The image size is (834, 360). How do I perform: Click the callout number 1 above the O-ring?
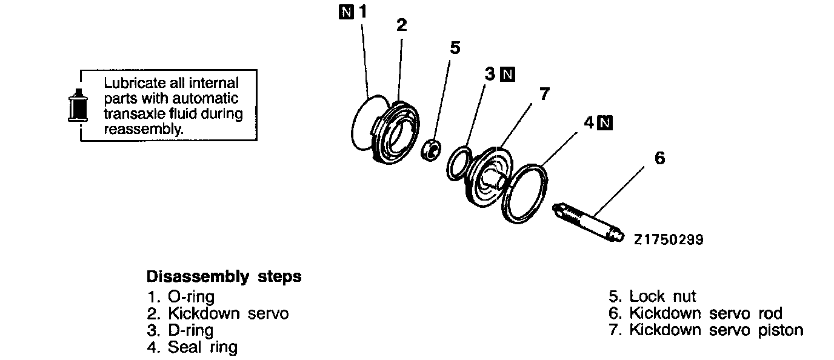click(x=363, y=12)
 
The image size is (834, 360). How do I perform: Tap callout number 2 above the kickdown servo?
click(x=401, y=25)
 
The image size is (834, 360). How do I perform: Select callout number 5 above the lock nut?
click(x=455, y=48)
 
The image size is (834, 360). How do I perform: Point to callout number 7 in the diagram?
click(x=544, y=94)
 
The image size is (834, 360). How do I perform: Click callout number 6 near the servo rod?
click(x=660, y=158)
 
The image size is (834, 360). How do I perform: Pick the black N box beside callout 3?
click(x=508, y=75)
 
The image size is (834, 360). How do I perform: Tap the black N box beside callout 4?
click(x=604, y=123)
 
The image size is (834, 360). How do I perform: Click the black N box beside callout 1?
click(x=344, y=12)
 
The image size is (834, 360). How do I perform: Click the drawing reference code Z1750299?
click(x=669, y=240)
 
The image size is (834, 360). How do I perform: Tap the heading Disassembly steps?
click(x=224, y=277)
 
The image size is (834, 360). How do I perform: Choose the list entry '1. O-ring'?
click(x=181, y=297)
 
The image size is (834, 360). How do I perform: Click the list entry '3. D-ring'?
click(x=180, y=330)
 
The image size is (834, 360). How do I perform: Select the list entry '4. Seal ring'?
click(x=192, y=347)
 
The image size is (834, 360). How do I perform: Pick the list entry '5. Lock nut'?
click(x=653, y=296)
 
